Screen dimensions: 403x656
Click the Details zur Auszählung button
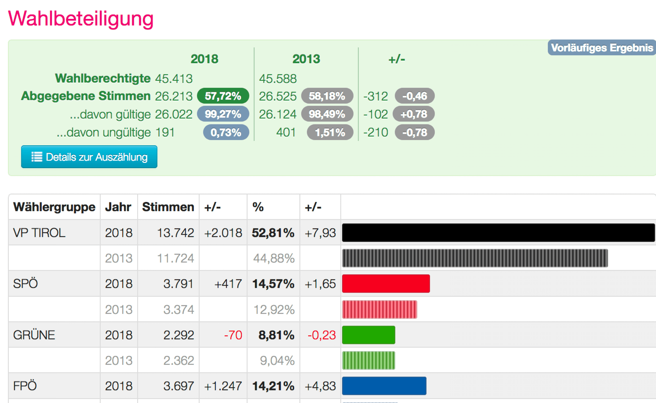tap(89, 157)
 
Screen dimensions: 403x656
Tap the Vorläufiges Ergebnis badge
tap(602, 48)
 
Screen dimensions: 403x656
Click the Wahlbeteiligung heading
tap(81, 19)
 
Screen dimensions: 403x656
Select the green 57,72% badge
tap(223, 96)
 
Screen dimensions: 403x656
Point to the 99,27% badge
tap(223, 114)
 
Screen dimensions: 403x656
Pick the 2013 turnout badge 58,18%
tap(327, 96)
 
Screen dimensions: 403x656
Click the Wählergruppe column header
tap(54, 207)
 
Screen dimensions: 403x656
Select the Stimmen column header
tap(168, 207)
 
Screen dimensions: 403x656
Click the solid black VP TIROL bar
tap(498, 233)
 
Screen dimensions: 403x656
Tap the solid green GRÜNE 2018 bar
tap(369, 335)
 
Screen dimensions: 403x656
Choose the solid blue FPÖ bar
tap(384, 386)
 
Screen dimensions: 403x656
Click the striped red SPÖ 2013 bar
tap(380, 309)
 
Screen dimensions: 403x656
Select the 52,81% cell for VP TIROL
tap(273, 233)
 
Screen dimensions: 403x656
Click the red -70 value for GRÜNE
tap(233, 335)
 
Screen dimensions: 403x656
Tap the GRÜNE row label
tap(34, 335)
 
